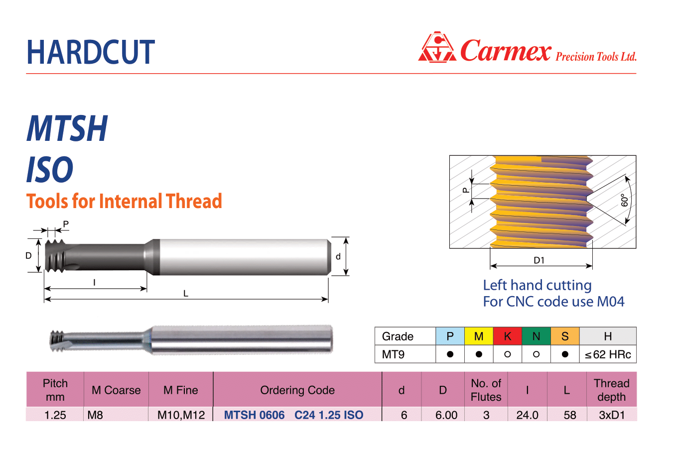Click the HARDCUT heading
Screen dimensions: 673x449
[x=91, y=52]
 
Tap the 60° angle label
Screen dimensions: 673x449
[x=624, y=200]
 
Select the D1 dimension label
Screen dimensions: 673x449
[x=539, y=260]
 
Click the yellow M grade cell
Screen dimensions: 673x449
[x=479, y=336]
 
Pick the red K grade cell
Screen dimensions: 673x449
[x=508, y=336]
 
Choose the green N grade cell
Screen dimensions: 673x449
[x=537, y=336]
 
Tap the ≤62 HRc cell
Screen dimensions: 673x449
[x=608, y=354]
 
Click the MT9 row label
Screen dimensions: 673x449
[x=393, y=354]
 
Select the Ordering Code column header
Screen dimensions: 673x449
[x=297, y=390]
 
